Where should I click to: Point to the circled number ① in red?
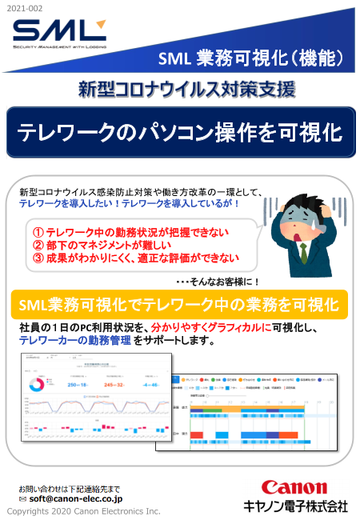coord(38,231)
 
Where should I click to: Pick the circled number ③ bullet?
coord(38,258)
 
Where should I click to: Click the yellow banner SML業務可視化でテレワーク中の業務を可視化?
coord(180,305)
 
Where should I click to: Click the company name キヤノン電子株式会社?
coord(295,506)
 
